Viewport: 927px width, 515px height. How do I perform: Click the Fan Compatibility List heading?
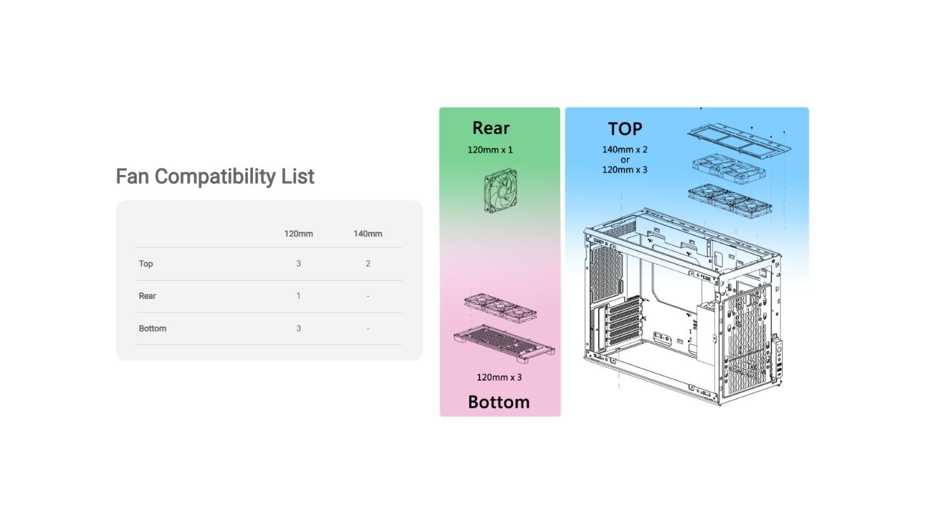click(215, 176)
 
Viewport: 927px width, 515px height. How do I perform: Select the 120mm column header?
click(298, 234)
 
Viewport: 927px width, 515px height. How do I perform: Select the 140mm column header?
click(368, 234)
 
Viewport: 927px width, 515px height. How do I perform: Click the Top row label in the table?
click(146, 264)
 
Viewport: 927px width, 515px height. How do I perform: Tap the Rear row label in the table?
click(147, 296)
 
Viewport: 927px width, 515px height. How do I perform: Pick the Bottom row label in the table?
click(153, 328)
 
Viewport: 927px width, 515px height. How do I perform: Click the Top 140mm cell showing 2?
click(368, 264)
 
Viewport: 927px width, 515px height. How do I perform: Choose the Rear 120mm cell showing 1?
click(298, 296)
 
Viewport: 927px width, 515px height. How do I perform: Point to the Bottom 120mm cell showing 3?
click(298, 328)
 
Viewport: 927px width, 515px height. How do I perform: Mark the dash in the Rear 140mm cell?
click(368, 296)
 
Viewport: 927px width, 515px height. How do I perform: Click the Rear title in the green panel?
click(491, 128)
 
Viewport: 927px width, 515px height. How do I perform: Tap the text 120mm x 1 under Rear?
click(490, 150)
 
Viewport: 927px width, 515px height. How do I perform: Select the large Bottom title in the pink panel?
click(498, 402)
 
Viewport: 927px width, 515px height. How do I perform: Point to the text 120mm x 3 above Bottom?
click(499, 377)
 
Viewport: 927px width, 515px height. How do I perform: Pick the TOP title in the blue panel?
click(625, 129)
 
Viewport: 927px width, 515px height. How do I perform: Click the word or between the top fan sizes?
click(625, 160)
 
